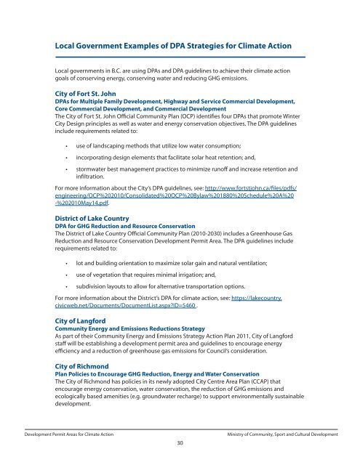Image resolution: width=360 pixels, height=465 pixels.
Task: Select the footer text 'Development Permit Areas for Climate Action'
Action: [x=71, y=432]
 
